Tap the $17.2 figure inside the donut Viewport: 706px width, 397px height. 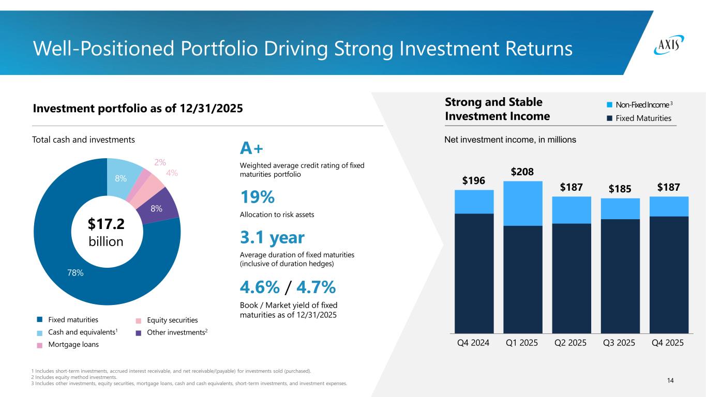click(x=106, y=224)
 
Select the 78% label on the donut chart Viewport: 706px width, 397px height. click(x=76, y=273)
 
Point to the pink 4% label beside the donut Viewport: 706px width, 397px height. click(x=172, y=173)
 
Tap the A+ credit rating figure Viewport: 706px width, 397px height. click(x=252, y=149)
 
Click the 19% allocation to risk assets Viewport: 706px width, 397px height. click(x=258, y=197)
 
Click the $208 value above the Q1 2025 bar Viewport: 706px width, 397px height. click(x=522, y=172)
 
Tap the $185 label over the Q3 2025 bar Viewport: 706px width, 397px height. click(x=620, y=189)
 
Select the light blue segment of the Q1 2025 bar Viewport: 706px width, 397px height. click(x=522, y=204)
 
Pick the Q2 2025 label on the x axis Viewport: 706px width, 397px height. click(x=571, y=343)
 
